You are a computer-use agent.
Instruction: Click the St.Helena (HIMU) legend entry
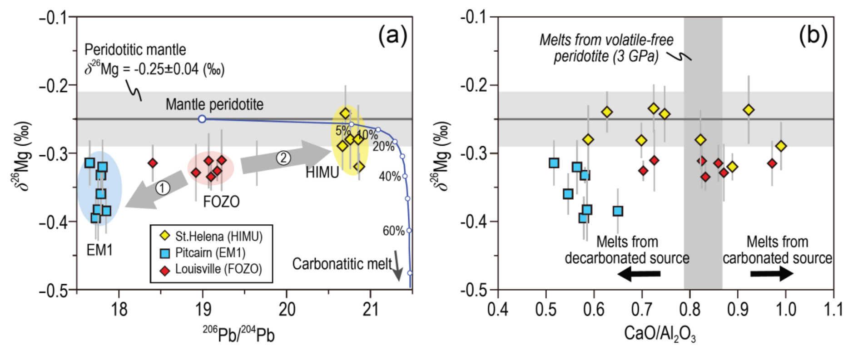pos(212,236)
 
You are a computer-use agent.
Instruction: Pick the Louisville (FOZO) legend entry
pos(211,269)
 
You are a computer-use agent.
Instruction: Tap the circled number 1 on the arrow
pos(163,187)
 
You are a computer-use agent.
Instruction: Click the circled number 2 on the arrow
pos(283,158)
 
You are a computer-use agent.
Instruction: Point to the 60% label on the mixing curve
pos(393,231)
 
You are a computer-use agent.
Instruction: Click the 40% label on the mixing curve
pos(390,176)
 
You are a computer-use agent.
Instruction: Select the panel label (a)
pos(393,35)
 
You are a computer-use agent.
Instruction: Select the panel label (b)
pos(813,35)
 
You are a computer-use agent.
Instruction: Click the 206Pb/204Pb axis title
pos(238,335)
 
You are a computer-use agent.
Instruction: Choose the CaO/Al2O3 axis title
pos(660,334)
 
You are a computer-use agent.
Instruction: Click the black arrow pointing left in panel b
pos(639,274)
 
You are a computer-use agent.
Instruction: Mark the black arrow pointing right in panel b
pos(772,273)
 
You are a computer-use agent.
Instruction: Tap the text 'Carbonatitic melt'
pos(342,264)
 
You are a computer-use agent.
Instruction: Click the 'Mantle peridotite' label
pos(214,104)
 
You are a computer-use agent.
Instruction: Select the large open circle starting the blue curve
pos(202,119)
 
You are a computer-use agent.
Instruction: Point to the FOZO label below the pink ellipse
pos(221,202)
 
